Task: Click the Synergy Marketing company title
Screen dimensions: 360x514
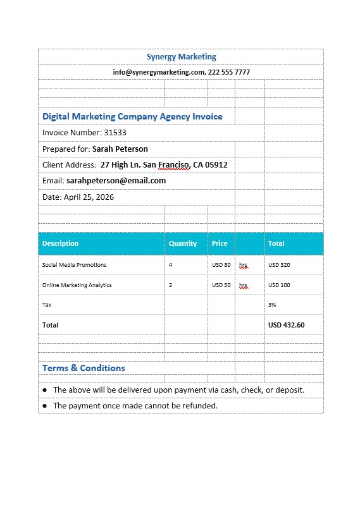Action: tap(181, 57)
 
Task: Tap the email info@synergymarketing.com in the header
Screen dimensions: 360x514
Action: tap(159, 72)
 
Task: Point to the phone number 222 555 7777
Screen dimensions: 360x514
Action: tap(229, 72)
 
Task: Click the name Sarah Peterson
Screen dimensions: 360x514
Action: tap(120, 149)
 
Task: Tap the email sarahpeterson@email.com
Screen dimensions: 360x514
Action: tap(116, 181)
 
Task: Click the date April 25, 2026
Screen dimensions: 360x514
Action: tap(89, 197)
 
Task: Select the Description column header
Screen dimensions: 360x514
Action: tap(61, 243)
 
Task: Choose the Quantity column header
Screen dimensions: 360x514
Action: tap(183, 243)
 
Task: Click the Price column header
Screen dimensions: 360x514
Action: tap(220, 243)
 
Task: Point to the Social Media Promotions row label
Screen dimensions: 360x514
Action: tap(74, 265)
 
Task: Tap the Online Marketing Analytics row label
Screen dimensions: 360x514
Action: tap(77, 285)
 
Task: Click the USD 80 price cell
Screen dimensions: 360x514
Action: tap(221, 265)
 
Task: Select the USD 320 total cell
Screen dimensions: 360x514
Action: tap(279, 265)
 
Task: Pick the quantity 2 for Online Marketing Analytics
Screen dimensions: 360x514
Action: tap(171, 285)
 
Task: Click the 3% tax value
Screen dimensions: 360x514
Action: tap(272, 305)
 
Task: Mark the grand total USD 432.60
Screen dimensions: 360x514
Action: tap(286, 325)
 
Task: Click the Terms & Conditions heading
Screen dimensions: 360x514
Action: tap(84, 368)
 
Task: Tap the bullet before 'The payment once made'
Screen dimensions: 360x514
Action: tap(45, 406)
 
